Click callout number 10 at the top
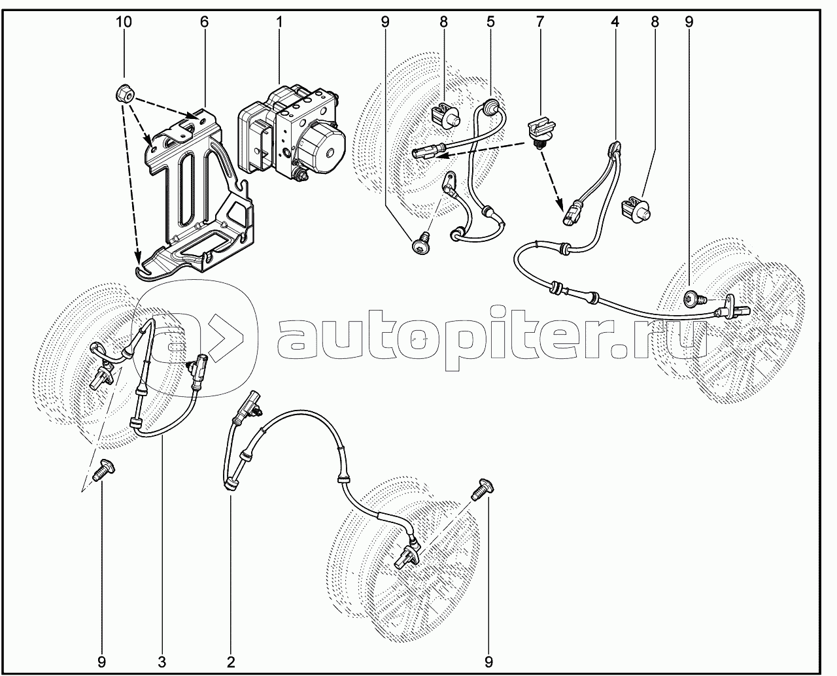(124, 22)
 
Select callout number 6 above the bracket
(204, 22)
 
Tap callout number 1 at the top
(279, 22)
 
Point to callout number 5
(490, 22)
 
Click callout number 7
(540, 22)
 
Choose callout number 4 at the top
(615, 22)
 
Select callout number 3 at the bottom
(162, 662)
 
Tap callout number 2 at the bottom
(231, 662)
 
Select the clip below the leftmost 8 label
(446, 116)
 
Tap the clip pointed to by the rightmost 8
(636, 209)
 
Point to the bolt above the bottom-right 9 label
(482, 489)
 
